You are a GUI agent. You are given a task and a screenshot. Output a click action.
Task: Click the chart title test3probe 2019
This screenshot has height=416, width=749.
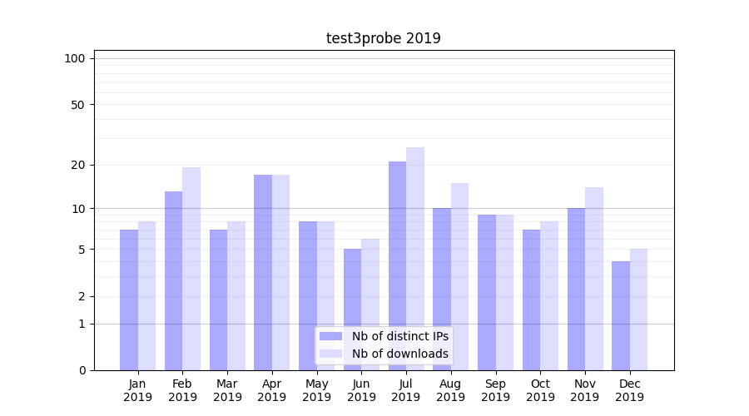[383, 38]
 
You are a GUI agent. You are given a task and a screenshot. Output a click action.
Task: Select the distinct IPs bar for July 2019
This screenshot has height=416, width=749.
[397, 266]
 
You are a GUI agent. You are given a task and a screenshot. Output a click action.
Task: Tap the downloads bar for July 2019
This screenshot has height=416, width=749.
[415, 259]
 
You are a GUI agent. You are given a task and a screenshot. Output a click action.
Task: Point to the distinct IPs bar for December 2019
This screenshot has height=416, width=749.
[621, 316]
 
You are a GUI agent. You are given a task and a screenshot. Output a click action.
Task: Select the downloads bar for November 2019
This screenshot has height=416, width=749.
[594, 279]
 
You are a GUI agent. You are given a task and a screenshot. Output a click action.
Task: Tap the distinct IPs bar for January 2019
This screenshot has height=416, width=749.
[129, 300]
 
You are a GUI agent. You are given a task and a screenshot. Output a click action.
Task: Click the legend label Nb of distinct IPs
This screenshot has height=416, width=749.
[399, 336]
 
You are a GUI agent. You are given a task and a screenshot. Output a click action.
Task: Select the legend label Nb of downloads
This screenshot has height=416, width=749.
[399, 354]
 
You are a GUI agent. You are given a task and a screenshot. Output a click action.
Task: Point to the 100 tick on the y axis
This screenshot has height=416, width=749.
[75, 58]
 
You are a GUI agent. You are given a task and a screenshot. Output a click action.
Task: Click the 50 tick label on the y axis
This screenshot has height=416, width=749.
[78, 105]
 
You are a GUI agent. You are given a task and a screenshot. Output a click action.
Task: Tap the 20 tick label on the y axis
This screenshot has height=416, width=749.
[78, 165]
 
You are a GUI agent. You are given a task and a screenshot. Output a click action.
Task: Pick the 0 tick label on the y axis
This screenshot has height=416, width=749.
[82, 370]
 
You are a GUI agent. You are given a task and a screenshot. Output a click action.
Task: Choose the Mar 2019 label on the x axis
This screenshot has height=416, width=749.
[227, 390]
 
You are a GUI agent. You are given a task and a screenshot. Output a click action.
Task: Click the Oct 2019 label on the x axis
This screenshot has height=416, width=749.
[540, 390]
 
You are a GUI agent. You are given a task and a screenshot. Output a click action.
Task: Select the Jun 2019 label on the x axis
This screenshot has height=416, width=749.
[361, 390]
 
